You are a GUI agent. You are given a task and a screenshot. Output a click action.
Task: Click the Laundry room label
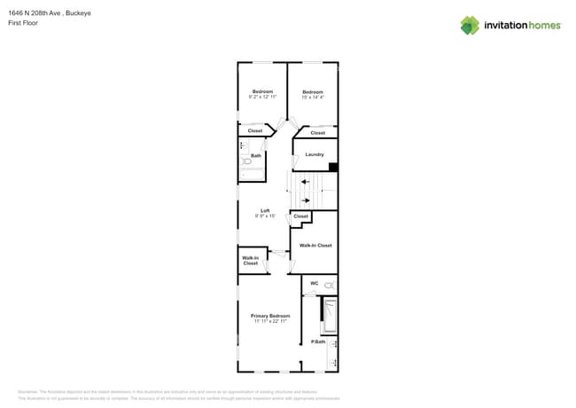click(315, 154)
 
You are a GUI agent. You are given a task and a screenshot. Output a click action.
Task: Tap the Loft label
click(265, 210)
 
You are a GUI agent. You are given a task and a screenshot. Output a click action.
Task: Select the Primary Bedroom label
click(270, 316)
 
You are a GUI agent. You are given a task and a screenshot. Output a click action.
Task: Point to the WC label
click(314, 284)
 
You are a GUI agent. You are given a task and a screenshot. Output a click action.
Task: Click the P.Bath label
click(318, 341)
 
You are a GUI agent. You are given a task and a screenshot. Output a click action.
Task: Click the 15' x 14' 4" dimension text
click(313, 97)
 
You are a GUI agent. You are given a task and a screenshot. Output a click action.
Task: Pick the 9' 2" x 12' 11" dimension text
click(262, 97)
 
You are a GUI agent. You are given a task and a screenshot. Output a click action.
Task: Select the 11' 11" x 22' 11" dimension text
click(270, 321)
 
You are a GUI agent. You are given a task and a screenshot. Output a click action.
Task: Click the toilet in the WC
click(329, 285)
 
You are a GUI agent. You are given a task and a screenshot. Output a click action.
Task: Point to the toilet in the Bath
click(246, 162)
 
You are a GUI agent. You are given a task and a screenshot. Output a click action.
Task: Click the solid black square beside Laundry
click(333, 166)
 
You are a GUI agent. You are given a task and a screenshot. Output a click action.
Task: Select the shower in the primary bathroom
click(330, 316)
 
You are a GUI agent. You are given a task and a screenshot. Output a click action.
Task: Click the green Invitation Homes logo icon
click(470, 25)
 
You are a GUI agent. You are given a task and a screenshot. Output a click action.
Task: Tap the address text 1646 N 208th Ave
click(41, 13)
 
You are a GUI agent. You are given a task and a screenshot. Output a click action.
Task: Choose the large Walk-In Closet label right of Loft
click(315, 245)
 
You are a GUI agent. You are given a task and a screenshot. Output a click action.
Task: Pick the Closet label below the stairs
click(301, 216)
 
